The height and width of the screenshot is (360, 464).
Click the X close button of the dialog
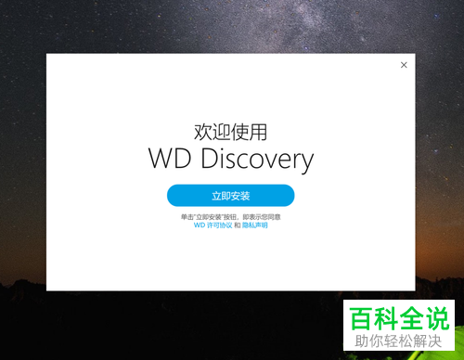pos(404,65)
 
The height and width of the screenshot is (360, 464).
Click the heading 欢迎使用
pos(230,130)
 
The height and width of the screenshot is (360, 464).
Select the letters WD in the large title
pos(167,159)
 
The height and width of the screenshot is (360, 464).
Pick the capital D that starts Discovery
pos(204,159)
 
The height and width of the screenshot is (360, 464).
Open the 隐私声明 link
pos(255,225)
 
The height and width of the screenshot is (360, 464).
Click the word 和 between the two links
pos(237,225)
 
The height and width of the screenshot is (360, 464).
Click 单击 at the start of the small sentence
pos(187,216)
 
